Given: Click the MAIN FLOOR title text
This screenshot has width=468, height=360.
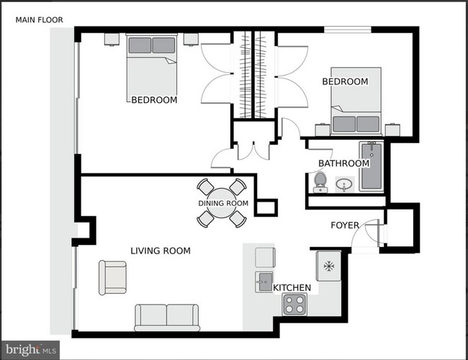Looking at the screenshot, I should [x=41, y=20].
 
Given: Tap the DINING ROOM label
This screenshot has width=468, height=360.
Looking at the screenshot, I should [x=223, y=204].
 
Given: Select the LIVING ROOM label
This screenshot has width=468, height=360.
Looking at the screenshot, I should [x=161, y=251].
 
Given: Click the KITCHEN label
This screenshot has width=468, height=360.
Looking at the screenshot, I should [x=292, y=288].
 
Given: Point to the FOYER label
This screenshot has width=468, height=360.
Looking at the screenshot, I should [x=345, y=225].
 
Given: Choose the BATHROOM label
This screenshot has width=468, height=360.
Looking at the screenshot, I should [x=343, y=163].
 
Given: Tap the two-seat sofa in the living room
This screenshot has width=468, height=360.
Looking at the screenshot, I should [x=167, y=317].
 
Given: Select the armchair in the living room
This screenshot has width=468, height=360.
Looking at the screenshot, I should [x=112, y=277].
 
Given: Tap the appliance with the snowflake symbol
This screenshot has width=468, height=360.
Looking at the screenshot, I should [x=328, y=266].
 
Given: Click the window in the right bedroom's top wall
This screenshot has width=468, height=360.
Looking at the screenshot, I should [x=347, y=29].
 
